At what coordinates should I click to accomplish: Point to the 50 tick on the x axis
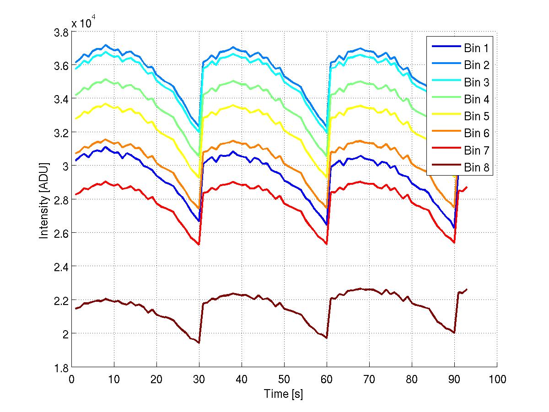[284, 380]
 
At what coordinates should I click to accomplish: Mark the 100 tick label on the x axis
[497, 380]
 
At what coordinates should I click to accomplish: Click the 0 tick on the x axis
[71, 380]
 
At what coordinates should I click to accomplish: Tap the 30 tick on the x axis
[199, 380]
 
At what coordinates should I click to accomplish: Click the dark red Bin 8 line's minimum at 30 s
[199, 342]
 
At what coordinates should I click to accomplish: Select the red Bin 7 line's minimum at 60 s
[327, 244]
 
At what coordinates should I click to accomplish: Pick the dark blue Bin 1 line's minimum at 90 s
[454, 227]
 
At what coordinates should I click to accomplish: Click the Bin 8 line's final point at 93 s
[467, 289]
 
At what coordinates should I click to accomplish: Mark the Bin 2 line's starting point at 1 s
[76, 62]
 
